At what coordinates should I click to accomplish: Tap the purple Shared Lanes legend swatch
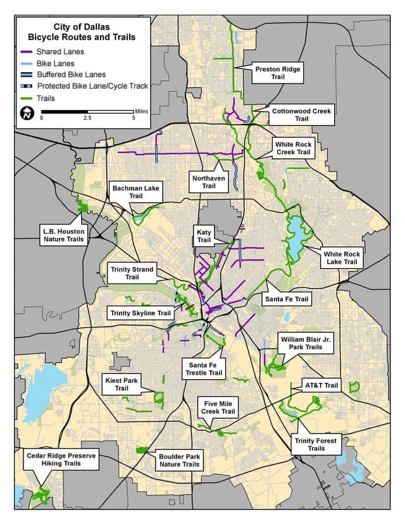pyautogui.click(x=26, y=51)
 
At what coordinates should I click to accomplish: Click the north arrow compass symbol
pyautogui.click(x=27, y=113)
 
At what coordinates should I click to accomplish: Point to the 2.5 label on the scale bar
pyautogui.click(x=87, y=118)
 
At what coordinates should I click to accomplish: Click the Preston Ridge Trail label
pyautogui.click(x=277, y=72)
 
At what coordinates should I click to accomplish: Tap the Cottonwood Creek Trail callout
pyautogui.click(x=301, y=115)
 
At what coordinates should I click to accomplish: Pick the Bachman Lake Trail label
pyautogui.click(x=136, y=192)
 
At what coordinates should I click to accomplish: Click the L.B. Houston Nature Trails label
pyautogui.click(x=62, y=235)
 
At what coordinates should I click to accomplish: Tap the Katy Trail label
pyautogui.click(x=204, y=236)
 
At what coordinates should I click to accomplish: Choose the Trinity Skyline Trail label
pyautogui.click(x=140, y=313)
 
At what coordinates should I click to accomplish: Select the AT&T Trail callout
pyautogui.click(x=322, y=385)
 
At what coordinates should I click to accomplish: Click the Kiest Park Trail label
pyautogui.click(x=121, y=384)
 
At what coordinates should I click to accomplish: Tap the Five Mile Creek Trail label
pyautogui.click(x=219, y=407)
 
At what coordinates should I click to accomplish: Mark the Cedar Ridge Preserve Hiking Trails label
pyautogui.click(x=62, y=459)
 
